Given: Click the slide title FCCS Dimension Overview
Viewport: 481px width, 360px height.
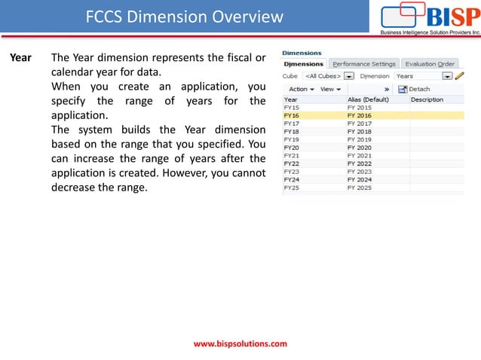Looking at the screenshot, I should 185,17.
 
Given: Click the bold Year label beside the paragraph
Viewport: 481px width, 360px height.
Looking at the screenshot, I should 20,58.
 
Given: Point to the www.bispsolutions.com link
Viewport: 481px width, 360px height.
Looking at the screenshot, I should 240,343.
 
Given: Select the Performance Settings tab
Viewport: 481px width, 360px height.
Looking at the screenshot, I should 363,64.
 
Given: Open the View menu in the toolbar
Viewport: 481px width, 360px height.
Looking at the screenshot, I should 329,89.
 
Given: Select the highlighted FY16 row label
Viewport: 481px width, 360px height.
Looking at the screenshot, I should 292,115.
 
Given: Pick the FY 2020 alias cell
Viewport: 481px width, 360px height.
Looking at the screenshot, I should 359,148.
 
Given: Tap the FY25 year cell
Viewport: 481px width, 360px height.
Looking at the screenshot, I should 292,188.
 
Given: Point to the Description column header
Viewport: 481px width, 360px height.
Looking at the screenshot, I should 427,99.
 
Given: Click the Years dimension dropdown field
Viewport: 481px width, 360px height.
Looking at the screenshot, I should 423,76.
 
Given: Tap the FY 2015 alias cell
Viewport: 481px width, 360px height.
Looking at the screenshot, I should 359,108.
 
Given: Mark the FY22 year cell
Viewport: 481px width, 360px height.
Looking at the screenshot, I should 292,163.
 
